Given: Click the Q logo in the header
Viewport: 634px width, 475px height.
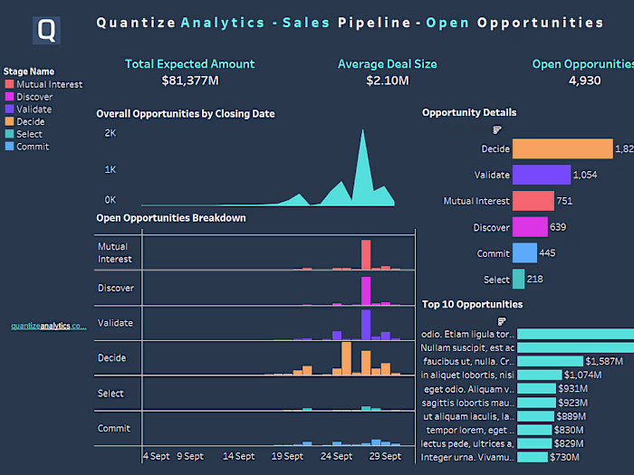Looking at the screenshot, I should tap(46, 31).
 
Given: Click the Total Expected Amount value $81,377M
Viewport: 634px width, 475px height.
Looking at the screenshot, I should tap(189, 81).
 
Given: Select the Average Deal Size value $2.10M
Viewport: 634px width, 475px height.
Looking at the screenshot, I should tap(387, 81).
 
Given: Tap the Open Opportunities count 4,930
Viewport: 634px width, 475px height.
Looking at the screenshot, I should tap(584, 81).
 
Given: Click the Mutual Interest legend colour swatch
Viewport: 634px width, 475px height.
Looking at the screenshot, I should tap(9, 84).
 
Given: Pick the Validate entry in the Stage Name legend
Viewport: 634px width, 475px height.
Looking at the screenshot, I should tap(34, 109).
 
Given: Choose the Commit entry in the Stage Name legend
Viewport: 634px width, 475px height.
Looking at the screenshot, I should tap(33, 147).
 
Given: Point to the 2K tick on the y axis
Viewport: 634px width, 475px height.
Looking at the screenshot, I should tap(110, 133).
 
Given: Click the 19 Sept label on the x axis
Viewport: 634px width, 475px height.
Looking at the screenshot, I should tap(287, 457).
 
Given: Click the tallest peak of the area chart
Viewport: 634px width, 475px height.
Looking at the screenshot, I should tap(363, 132).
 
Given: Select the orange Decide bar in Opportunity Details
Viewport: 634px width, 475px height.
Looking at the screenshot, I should tap(562, 148).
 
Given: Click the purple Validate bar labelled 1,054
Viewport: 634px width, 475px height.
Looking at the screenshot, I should tap(541, 175).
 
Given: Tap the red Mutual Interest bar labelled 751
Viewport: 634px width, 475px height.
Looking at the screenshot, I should tap(533, 201).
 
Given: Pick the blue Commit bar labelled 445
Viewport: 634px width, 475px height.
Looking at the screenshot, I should tap(524, 253).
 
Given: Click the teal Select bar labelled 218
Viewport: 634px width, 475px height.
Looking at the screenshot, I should tap(518, 280).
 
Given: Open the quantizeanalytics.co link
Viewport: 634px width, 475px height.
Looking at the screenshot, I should tap(48, 326).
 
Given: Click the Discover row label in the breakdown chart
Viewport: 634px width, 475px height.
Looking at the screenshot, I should tap(116, 288).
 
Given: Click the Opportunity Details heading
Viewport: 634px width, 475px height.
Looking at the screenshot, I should tap(469, 112).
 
